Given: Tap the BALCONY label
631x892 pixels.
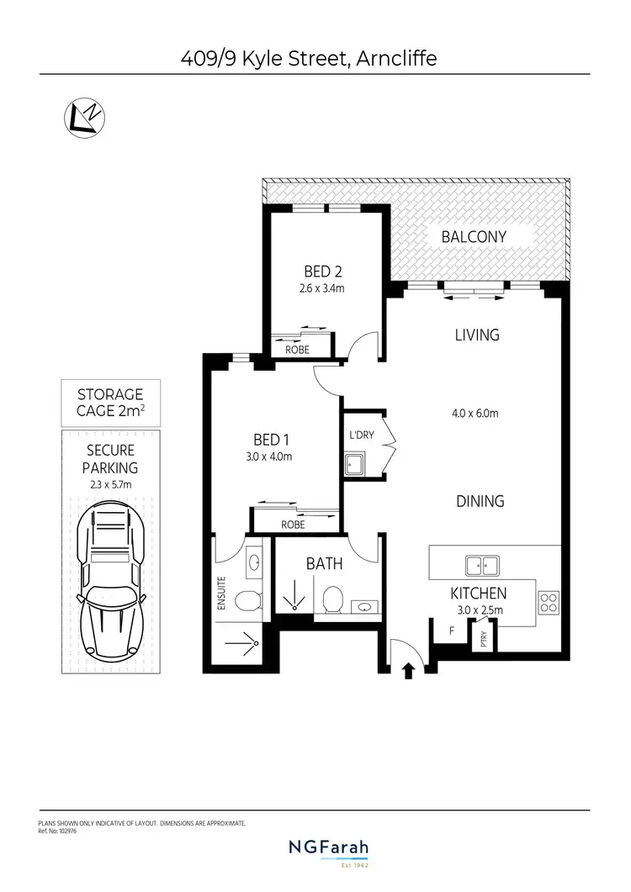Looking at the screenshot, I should pyautogui.click(x=474, y=237).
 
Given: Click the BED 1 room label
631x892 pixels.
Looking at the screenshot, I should pyautogui.click(x=272, y=439).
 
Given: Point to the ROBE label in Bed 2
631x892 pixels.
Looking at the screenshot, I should pyautogui.click(x=297, y=349).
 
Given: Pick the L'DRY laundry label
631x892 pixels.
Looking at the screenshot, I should pyautogui.click(x=362, y=435).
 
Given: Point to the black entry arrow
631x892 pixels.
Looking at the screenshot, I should pyautogui.click(x=411, y=670).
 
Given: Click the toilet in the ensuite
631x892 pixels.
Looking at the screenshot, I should pyautogui.click(x=247, y=600).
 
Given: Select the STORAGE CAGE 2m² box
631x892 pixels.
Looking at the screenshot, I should pyautogui.click(x=110, y=402).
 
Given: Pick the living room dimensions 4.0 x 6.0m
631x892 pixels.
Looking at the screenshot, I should pyautogui.click(x=475, y=413).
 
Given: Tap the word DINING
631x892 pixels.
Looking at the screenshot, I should pyautogui.click(x=480, y=501).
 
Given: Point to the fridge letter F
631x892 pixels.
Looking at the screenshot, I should pyautogui.click(x=452, y=630).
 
